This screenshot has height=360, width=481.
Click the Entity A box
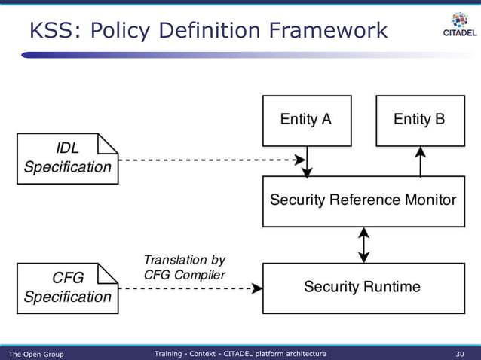(306, 121)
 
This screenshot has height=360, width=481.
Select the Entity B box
(420, 121)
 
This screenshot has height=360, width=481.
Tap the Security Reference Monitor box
(363, 200)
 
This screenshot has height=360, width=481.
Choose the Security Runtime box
(363, 288)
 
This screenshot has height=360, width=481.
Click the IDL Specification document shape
(67, 158)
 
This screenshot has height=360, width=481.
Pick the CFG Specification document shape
(67, 288)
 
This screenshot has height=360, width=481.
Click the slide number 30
(460, 354)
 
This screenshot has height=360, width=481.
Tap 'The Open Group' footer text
(35, 354)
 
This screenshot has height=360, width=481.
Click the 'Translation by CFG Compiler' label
(184, 267)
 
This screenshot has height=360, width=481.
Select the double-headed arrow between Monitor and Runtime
(364, 245)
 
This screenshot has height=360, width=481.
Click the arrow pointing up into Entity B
(421, 160)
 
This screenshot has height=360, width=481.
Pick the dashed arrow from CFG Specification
(188, 288)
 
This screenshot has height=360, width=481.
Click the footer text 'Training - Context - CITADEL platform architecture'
(240, 354)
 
